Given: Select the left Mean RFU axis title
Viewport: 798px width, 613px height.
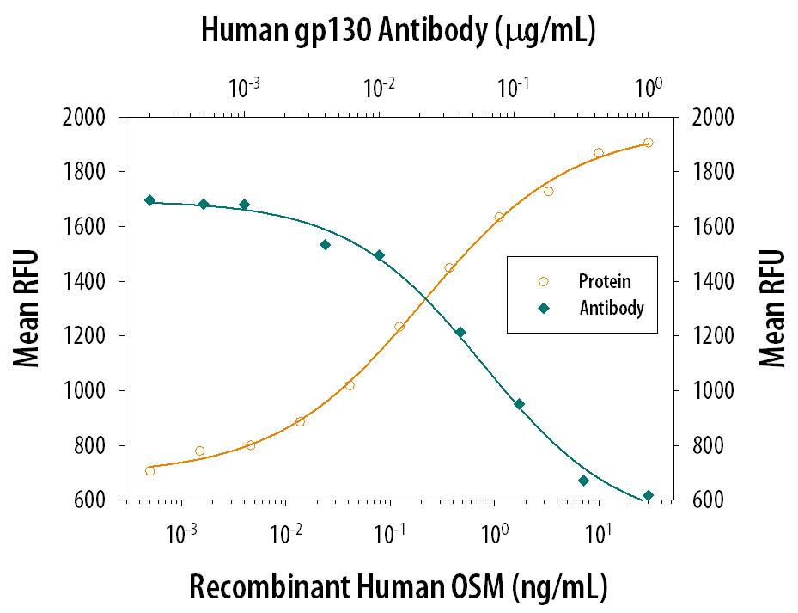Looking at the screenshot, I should [28, 308].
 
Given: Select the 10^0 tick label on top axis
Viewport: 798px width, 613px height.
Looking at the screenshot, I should [649, 87].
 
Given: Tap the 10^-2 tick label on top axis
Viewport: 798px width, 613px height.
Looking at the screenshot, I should [379, 87].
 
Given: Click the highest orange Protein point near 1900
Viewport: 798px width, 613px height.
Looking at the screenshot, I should [648, 143].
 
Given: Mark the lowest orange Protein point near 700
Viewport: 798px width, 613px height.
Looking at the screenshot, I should [150, 470].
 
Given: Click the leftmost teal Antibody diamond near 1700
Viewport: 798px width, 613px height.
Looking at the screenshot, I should [150, 200].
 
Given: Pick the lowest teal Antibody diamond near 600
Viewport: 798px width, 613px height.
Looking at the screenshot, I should [649, 495].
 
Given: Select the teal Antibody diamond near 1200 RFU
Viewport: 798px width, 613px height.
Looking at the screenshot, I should [460, 332].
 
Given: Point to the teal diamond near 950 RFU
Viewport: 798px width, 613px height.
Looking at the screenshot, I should [519, 404].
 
